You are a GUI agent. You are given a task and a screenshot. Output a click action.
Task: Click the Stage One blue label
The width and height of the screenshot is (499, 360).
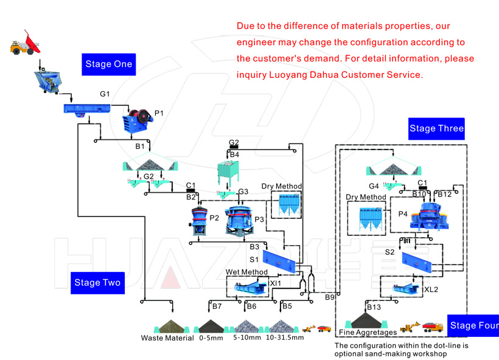point(107,64)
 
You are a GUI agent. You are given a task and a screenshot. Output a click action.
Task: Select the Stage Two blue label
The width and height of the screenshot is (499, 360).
point(97,282)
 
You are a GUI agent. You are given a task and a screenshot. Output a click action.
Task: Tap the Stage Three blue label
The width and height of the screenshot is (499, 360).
point(436,128)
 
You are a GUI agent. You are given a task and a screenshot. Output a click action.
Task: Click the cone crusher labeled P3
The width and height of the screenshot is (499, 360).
point(239,220)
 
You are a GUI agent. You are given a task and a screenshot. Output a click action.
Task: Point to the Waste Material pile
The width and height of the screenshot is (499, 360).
point(169,327)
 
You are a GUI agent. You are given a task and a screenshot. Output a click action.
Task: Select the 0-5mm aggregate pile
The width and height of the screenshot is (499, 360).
point(211,327)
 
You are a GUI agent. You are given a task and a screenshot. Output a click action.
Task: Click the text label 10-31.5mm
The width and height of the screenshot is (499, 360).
point(285,338)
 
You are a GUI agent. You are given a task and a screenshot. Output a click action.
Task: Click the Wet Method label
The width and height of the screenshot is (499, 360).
point(246,272)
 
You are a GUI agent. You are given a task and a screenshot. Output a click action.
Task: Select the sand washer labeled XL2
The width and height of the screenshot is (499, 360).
point(406,289)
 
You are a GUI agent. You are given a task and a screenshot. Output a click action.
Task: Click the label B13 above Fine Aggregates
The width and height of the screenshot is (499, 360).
point(374,307)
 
